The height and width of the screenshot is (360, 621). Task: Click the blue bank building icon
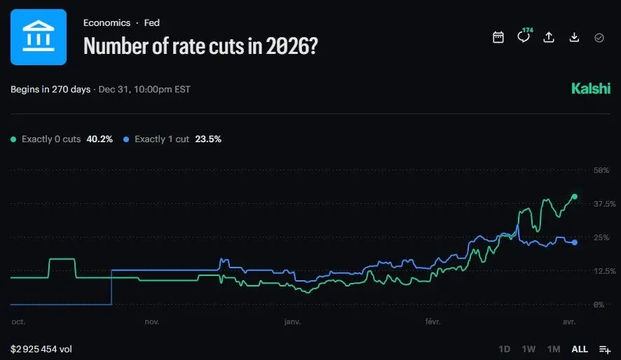point(39,37)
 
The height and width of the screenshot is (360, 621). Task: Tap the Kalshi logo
point(590,89)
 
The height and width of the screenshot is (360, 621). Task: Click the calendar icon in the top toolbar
point(498,37)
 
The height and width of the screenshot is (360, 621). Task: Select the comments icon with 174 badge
point(524,37)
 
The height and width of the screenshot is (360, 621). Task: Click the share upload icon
point(549,37)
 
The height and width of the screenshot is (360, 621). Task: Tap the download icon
point(574,37)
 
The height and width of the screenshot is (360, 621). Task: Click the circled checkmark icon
point(599,37)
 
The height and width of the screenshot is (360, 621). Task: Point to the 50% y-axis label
point(601,170)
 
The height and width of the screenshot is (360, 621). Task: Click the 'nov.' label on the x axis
point(152,321)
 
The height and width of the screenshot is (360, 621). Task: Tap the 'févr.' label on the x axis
point(433,321)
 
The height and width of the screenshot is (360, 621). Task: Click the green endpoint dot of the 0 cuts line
point(575,197)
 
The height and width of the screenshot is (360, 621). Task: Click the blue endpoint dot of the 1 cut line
point(575,242)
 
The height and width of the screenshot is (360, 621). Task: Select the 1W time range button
point(528,349)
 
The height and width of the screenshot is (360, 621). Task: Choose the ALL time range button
point(580,349)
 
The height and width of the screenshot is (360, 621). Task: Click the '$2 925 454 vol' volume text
point(41,349)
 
